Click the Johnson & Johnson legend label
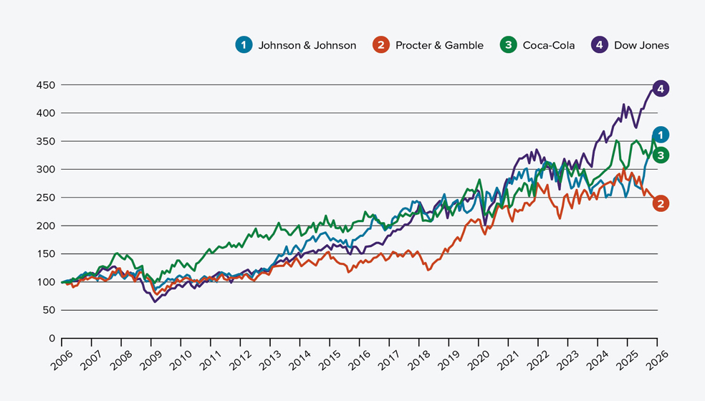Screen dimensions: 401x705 [307, 45]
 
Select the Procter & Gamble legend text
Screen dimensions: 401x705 [439, 45]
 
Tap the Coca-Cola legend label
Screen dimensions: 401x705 [549, 45]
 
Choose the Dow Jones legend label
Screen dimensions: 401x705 [641, 45]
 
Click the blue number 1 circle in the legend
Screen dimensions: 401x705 [244, 45]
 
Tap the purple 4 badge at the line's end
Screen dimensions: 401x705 [661, 89]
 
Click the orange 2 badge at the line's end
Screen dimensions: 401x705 [661, 203]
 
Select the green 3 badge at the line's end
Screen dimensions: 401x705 [661, 155]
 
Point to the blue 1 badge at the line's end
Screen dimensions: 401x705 [661, 135]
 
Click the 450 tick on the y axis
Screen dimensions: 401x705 [46, 85]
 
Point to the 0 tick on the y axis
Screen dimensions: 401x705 [51, 338]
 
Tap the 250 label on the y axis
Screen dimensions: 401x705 [46, 198]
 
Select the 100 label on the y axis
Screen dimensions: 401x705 [46, 282]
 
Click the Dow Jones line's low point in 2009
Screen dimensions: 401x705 [154, 301]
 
